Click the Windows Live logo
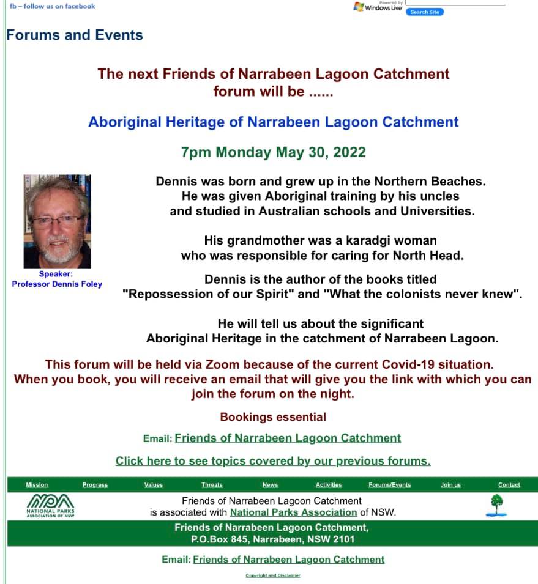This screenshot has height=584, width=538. click(x=377, y=7)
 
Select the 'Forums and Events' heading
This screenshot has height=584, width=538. click(x=75, y=35)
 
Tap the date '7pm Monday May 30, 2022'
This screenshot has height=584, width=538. click(x=273, y=152)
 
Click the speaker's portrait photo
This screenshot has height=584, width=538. click(x=58, y=221)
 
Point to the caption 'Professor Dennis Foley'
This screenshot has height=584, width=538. click(x=57, y=284)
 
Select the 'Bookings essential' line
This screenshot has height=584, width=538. click(x=273, y=417)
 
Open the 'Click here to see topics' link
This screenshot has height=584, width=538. click(x=273, y=461)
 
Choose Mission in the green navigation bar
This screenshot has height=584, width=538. click(x=37, y=485)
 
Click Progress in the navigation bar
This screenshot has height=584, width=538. click(x=95, y=485)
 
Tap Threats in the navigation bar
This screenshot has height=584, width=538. click(x=212, y=485)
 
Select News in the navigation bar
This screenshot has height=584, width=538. click(x=270, y=485)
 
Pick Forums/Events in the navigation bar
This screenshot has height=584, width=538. click(x=389, y=485)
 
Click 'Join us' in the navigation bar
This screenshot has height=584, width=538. click(x=450, y=485)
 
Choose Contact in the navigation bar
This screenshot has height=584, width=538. click(x=509, y=485)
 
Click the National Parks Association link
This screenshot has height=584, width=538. click(x=293, y=512)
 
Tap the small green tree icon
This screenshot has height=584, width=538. click(x=496, y=505)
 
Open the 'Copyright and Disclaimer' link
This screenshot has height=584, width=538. click(x=273, y=575)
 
